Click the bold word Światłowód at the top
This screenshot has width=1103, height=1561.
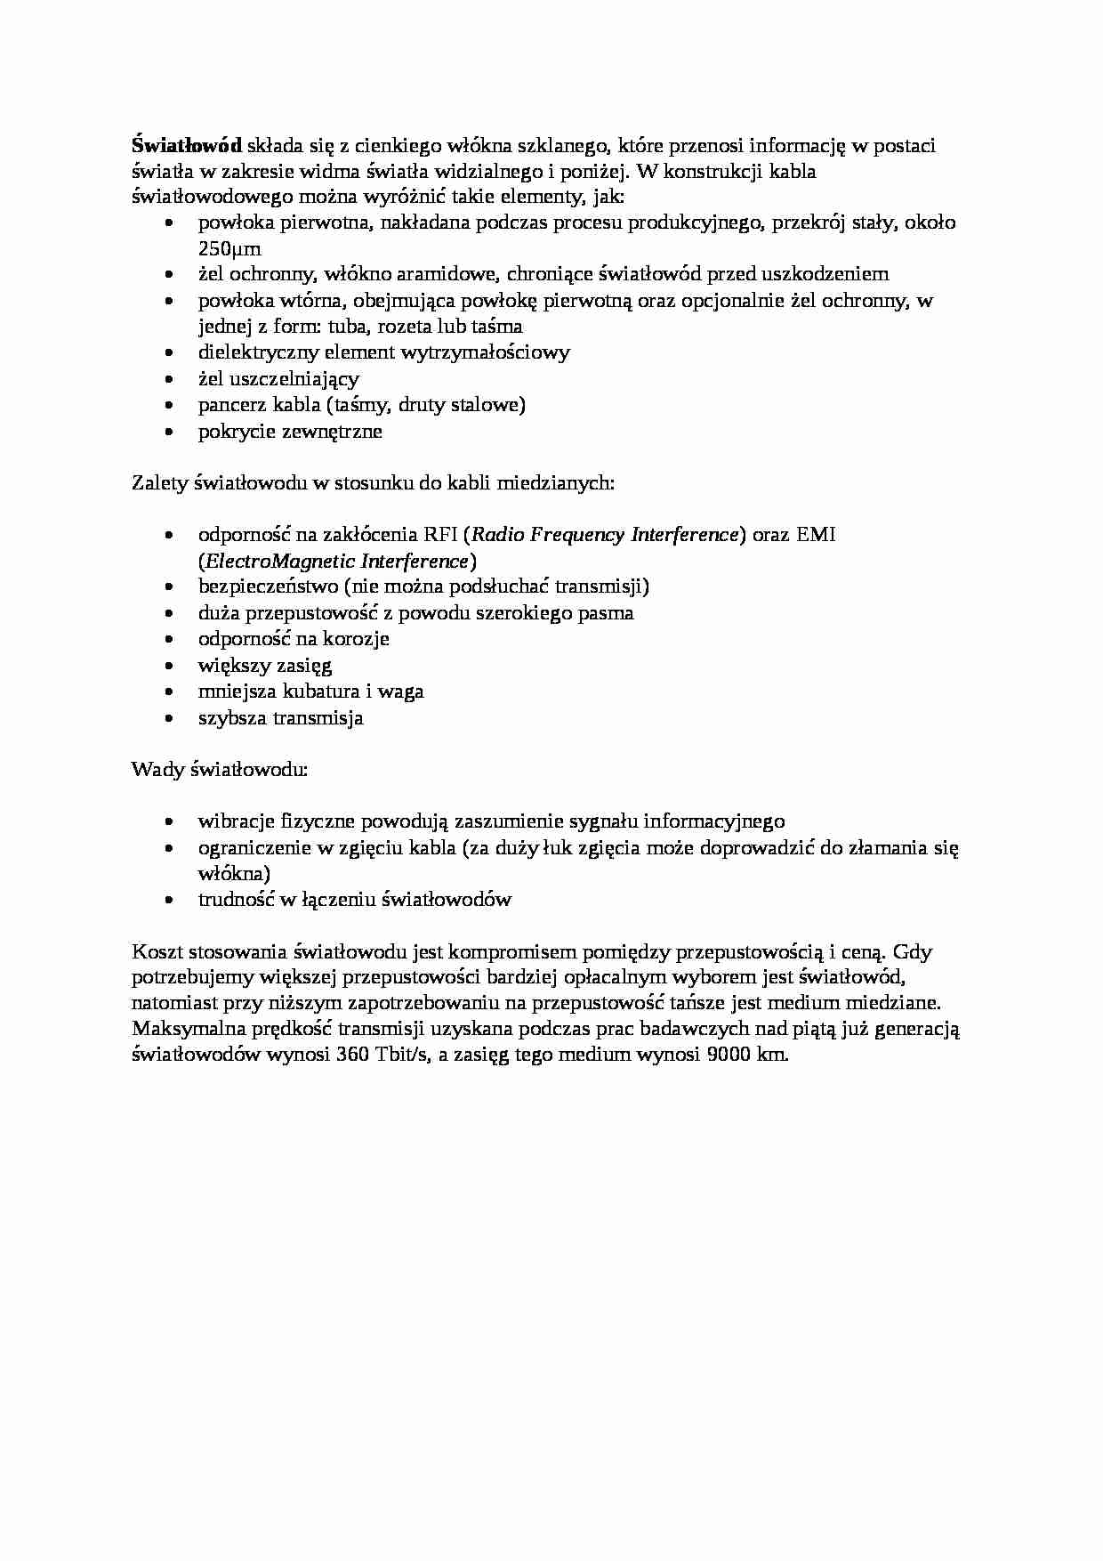pos(187,146)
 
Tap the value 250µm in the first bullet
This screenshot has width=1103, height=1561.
pos(229,249)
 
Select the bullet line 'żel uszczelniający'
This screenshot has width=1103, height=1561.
pos(278,379)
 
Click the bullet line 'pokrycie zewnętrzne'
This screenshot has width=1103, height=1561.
pos(290,432)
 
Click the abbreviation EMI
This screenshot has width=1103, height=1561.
pos(817,535)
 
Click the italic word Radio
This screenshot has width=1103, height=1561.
pos(497,535)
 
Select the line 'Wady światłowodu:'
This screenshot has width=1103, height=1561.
pos(220,769)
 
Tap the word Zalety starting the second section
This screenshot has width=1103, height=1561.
pos(158,483)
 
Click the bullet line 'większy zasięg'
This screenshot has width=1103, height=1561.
pos(265,666)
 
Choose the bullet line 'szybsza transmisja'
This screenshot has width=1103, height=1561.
pos(280,718)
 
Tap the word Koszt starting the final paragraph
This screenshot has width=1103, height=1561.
pos(156,952)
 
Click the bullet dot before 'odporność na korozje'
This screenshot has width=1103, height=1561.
pos(170,640)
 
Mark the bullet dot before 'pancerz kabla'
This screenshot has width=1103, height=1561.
pos(170,406)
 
